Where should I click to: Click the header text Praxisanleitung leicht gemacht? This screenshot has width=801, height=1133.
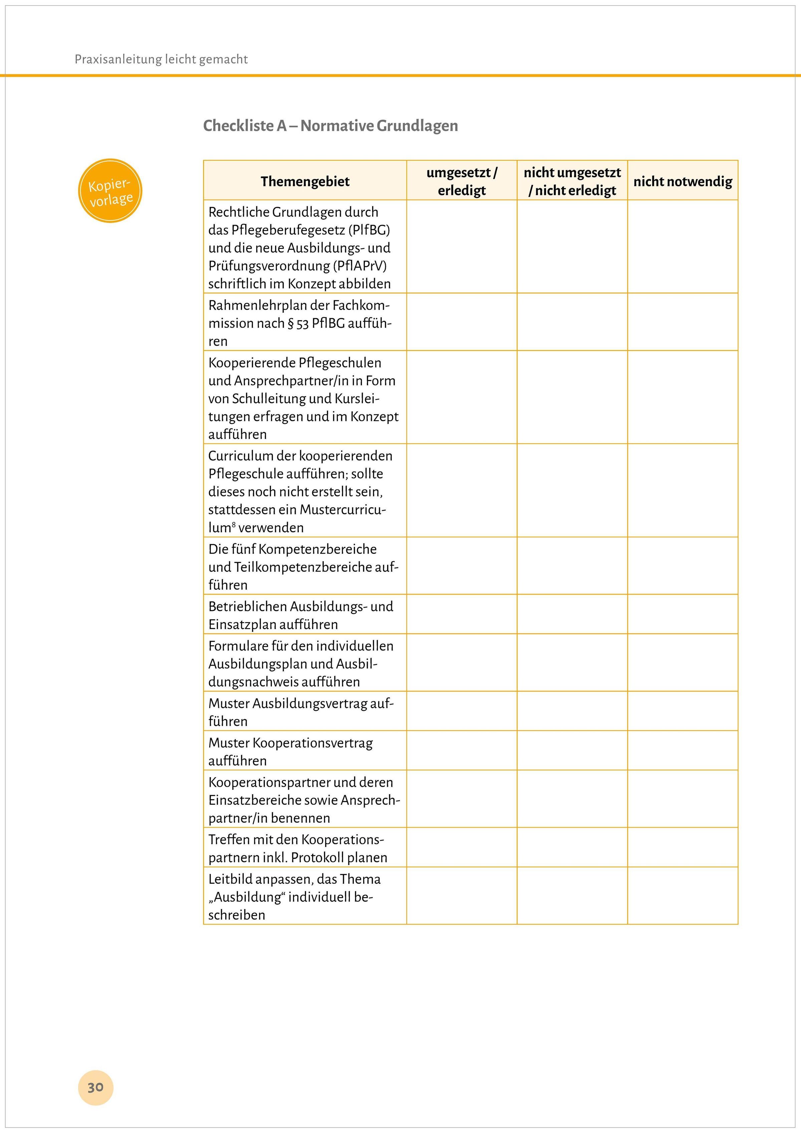tap(161, 59)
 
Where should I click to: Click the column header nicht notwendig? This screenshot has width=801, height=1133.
tap(683, 181)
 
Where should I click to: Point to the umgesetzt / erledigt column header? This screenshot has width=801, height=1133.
tap(462, 181)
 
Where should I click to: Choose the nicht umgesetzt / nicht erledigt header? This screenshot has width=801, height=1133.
tap(572, 181)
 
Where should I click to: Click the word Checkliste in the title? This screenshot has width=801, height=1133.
tap(238, 126)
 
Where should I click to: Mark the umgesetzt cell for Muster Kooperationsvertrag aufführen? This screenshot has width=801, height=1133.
tap(462, 750)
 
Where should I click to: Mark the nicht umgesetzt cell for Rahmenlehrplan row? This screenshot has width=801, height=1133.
tap(572, 322)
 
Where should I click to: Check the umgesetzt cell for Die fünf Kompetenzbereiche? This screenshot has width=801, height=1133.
tap(462, 566)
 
